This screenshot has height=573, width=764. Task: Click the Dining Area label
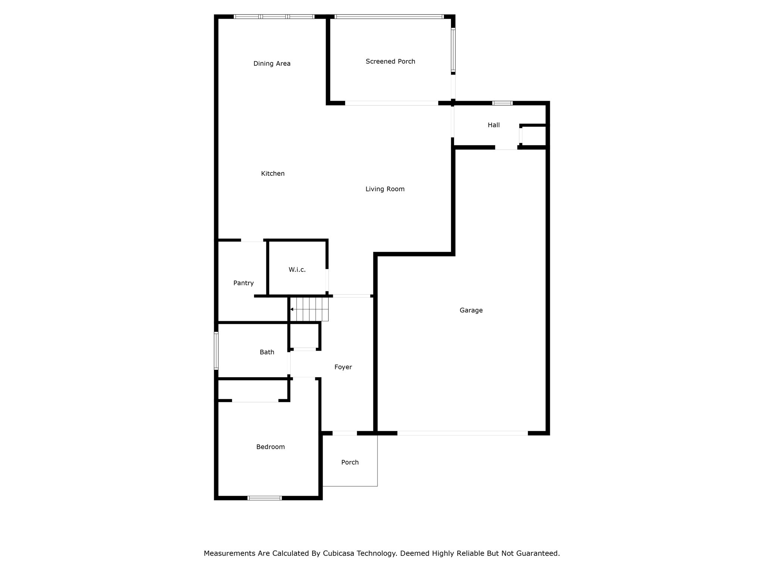click(x=272, y=64)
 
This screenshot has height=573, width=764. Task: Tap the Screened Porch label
click(x=390, y=62)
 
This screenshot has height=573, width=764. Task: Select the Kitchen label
click(x=273, y=173)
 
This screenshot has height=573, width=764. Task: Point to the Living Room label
click(x=385, y=189)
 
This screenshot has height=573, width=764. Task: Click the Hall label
click(x=494, y=125)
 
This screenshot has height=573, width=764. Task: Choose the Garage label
click(x=471, y=310)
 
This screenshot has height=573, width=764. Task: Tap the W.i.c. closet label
click(x=297, y=270)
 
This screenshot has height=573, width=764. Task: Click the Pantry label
click(x=244, y=283)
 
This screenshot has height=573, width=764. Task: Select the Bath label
click(x=267, y=352)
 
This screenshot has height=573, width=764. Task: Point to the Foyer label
click(x=343, y=367)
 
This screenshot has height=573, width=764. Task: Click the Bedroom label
click(x=270, y=447)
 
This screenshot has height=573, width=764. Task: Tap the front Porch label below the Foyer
click(x=350, y=463)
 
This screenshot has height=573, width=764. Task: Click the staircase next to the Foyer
click(x=309, y=309)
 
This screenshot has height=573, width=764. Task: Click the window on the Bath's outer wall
click(x=216, y=351)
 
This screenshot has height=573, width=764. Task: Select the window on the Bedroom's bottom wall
click(x=264, y=498)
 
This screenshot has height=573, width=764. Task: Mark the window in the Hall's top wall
click(x=502, y=103)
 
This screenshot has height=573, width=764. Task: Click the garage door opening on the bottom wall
click(x=463, y=433)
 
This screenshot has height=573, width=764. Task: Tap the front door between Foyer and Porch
click(x=345, y=433)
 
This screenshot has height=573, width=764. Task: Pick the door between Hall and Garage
click(x=506, y=147)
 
